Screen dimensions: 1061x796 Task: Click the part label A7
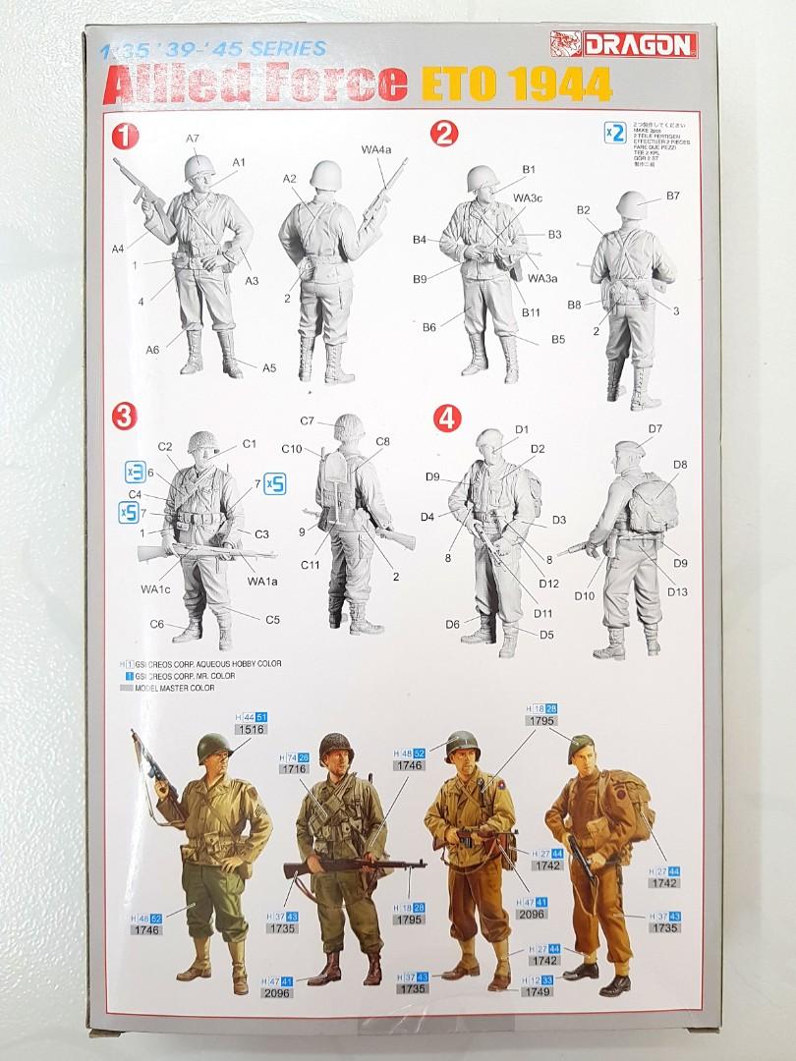[x=193, y=138]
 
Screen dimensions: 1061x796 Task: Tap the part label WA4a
[x=375, y=148]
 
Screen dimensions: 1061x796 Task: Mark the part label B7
[x=672, y=195]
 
